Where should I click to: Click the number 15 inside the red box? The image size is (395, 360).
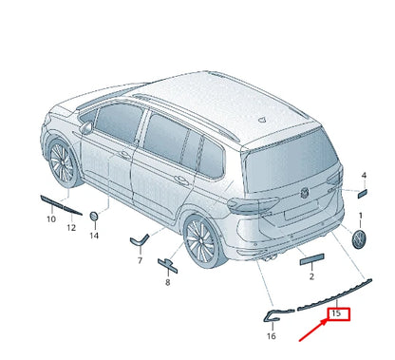click(x=336, y=313)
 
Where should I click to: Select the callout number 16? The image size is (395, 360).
click(x=272, y=335)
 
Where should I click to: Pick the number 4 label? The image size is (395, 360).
click(x=363, y=176)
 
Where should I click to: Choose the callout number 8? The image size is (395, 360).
click(x=166, y=282)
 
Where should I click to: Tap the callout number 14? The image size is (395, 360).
click(x=94, y=235)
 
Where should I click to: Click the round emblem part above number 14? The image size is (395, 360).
click(x=95, y=218)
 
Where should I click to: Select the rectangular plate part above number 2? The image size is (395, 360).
click(x=311, y=257)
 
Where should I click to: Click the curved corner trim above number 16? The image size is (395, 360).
click(x=273, y=314)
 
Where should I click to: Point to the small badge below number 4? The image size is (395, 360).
click(x=361, y=193)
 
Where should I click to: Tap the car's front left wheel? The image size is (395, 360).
click(x=62, y=164)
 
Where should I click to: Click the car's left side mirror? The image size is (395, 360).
click(x=87, y=125)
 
